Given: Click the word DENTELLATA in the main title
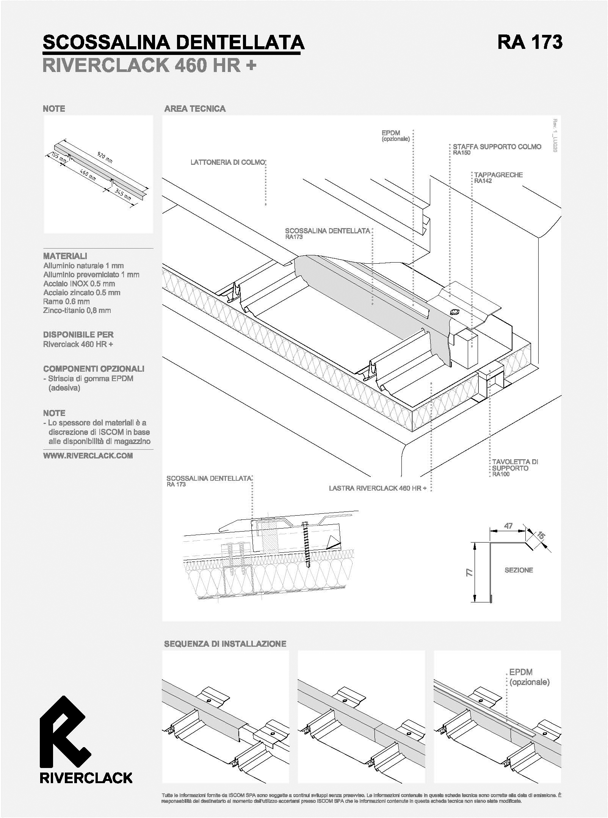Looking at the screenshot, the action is [240, 42].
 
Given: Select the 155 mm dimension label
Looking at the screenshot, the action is [59, 158].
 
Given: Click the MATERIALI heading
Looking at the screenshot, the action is [65, 256].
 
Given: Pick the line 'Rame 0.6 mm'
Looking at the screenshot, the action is [66, 301].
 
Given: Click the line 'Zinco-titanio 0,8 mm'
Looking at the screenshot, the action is [77, 310].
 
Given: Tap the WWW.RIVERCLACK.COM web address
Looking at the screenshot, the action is [88, 456].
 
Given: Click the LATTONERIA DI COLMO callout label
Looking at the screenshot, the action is [227, 163].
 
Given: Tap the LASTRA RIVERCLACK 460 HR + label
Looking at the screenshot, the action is [378, 488].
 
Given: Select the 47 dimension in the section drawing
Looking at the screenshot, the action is [508, 526].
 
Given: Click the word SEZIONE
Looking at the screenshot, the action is [519, 570].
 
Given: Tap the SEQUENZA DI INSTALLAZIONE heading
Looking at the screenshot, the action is [225, 644].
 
